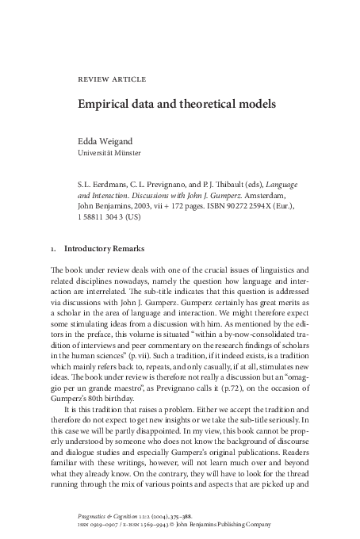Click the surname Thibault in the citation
click(221, 182)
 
